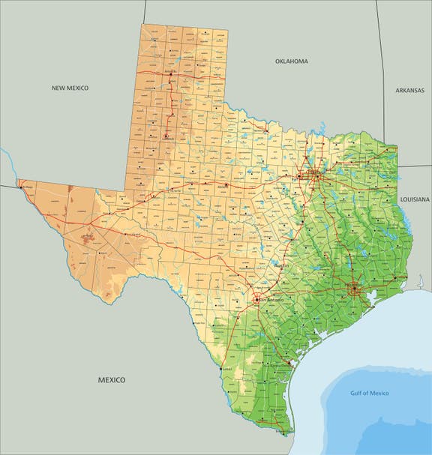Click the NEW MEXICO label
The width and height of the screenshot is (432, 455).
click(x=70, y=88)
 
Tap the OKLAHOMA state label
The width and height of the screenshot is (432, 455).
click(x=292, y=61)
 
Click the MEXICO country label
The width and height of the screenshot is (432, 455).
click(x=112, y=380)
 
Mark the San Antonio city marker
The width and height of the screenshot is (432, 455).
click(x=257, y=299)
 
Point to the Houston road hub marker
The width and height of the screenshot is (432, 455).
click(x=354, y=289)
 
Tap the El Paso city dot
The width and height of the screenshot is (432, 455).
click(x=22, y=187)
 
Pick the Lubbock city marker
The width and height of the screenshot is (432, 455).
click(x=166, y=139)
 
